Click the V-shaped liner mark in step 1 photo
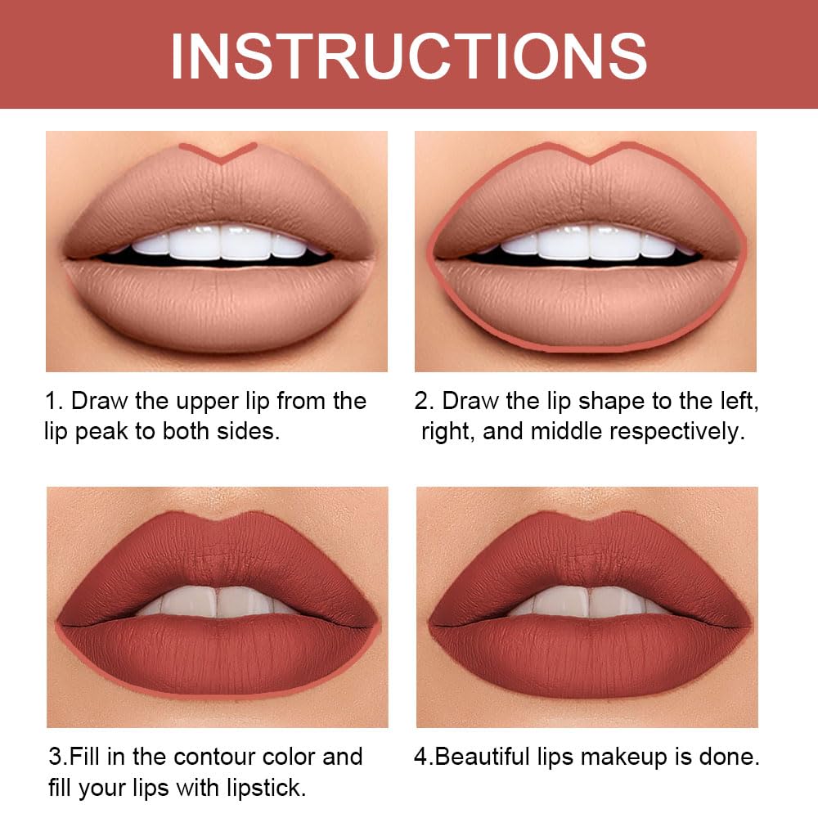(x=218, y=152)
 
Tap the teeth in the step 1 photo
(x=217, y=244)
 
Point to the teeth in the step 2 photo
(x=587, y=244)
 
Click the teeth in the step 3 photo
(x=217, y=601)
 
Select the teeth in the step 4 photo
(x=587, y=601)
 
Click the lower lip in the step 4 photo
(x=587, y=654)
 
